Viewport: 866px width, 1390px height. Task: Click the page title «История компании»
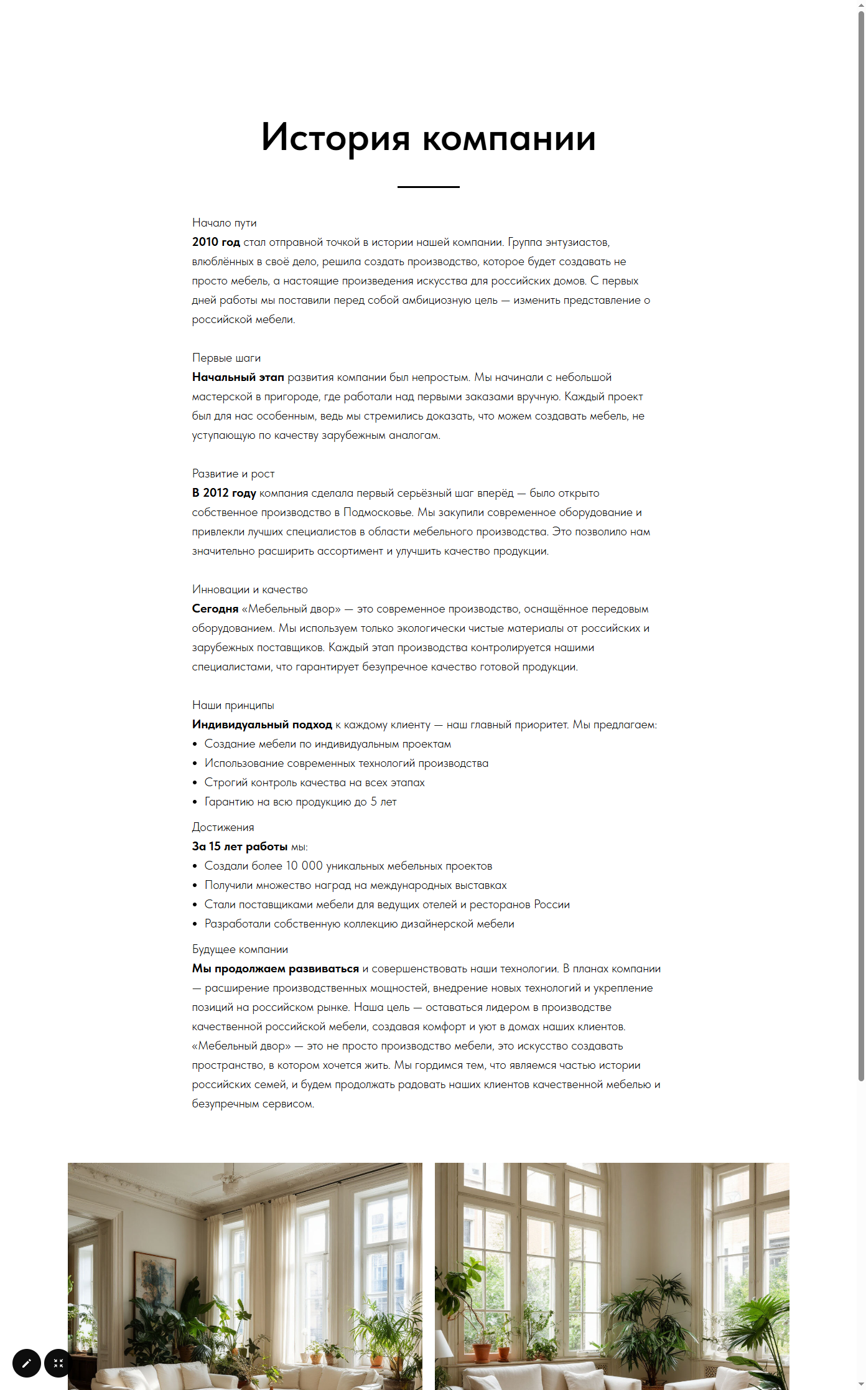pos(428,138)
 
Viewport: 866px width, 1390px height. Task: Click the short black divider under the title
pos(428,187)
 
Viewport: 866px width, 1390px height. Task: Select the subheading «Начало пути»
pos(224,223)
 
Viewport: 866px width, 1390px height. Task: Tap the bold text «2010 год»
pos(216,242)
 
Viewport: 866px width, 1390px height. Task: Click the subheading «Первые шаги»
pos(226,358)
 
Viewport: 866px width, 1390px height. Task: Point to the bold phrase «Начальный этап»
pos(238,377)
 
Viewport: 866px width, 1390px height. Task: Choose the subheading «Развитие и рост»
pos(233,474)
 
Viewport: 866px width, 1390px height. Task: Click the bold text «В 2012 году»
pos(224,493)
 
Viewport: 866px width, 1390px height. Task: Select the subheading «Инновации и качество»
pos(249,589)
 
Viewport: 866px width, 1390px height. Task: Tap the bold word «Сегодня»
pos(215,609)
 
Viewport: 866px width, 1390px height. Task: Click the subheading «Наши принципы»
pos(233,705)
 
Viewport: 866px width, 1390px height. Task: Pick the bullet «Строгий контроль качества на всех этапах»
pos(314,782)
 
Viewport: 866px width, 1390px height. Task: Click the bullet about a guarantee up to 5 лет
pos(300,802)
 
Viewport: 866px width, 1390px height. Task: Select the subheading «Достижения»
pos(223,827)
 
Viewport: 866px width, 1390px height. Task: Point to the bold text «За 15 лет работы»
pos(240,847)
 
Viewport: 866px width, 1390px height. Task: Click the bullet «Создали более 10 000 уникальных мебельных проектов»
pos(348,866)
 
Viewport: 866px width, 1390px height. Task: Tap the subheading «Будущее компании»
pos(240,949)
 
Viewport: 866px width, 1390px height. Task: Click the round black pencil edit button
pos(27,1363)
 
